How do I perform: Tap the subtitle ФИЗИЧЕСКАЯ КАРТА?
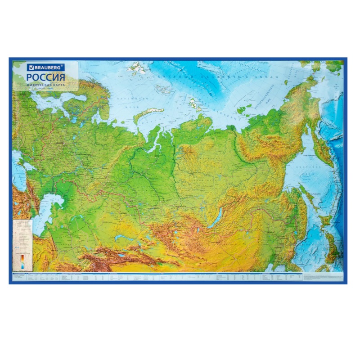click(x=44, y=84)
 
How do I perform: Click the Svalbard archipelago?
click(x=138, y=69)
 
